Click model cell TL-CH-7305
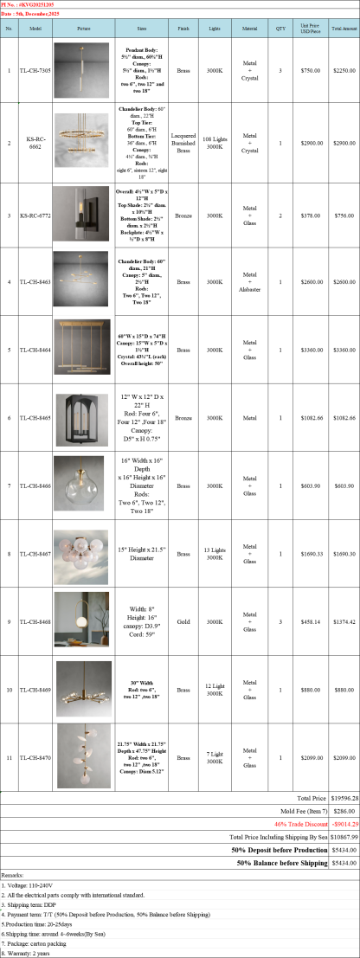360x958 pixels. [35, 71]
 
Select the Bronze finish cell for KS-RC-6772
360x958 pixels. [183, 215]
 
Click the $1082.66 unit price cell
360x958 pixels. [309, 417]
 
